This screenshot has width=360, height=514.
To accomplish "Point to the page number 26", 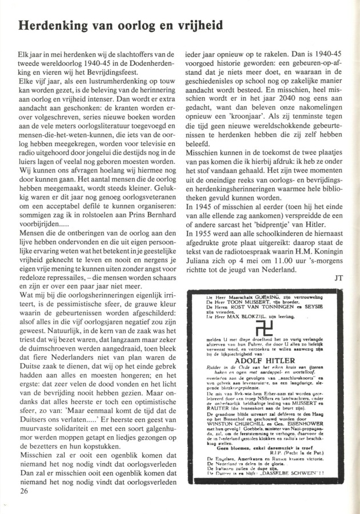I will [23, 490].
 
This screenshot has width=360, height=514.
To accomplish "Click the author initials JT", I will [340, 278].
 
